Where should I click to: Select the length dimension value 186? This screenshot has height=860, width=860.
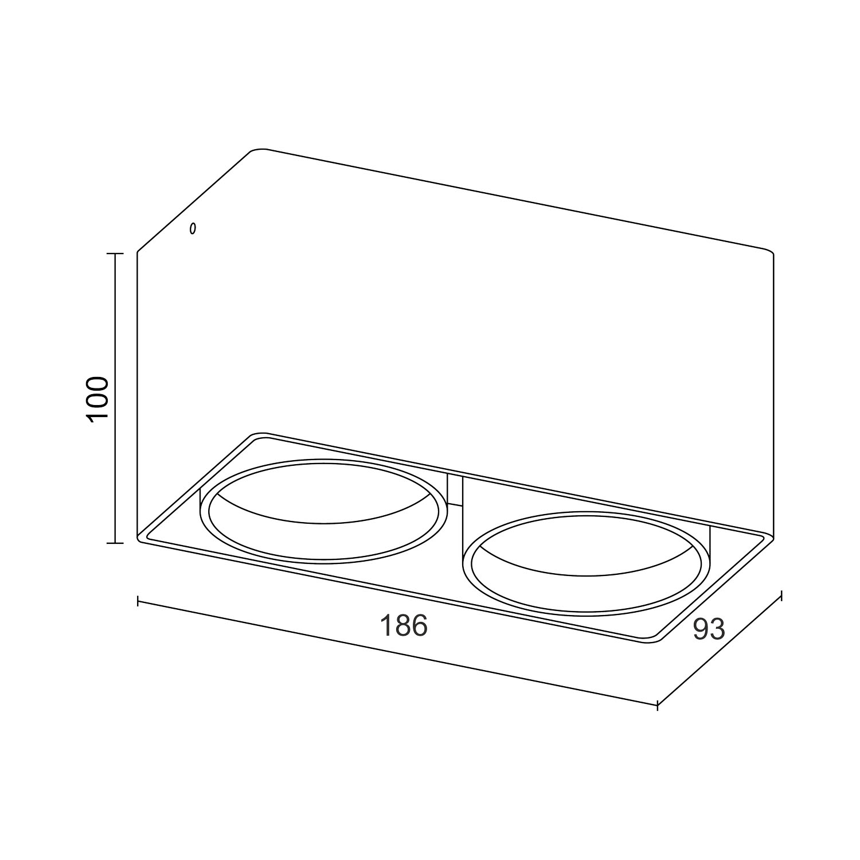pyautogui.click(x=404, y=625)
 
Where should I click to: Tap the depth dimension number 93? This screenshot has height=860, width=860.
pyautogui.click(x=709, y=629)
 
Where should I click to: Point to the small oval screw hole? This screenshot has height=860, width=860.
pyautogui.click(x=193, y=229)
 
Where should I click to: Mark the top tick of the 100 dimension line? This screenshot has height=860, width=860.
pyautogui.click(x=115, y=253)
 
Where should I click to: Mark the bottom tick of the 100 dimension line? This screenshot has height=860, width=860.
pyautogui.click(x=115, y=543)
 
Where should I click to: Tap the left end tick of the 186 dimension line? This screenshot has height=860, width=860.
pyautogui.click(x=138, y=601)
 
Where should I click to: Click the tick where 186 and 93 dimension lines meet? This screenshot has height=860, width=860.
pyautogui.click(x=657, y=705)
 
